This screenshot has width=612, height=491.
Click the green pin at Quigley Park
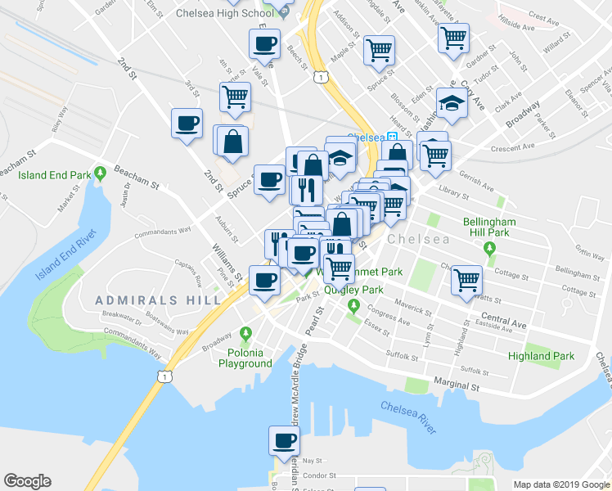coord(353,306)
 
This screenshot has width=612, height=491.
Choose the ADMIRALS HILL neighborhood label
coord(157,300)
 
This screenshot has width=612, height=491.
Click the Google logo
coord(27,481)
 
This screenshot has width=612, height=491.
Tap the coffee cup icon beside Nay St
coord(285,440)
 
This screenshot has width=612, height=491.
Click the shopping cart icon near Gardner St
coord(453,37)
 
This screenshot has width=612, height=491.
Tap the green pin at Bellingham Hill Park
coord(490,248)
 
